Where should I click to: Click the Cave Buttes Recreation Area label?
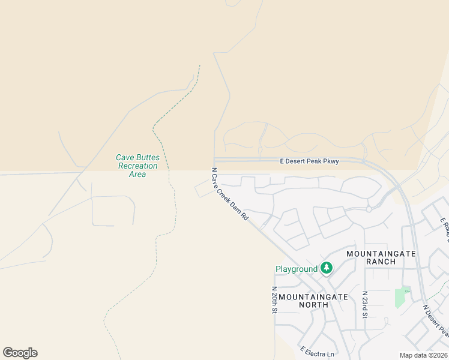138,166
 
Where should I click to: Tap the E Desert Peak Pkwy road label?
309,161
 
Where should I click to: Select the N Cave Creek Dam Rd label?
230,194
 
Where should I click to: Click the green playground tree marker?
327,268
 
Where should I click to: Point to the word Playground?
296,269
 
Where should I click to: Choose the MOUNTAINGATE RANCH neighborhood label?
381,257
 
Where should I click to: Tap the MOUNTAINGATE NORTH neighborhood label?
313,300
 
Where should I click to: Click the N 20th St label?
274,299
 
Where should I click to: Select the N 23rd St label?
364,304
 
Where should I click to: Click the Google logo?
20,352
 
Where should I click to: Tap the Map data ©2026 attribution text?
423,355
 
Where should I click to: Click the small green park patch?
400,298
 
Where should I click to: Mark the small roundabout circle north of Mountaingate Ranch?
369,209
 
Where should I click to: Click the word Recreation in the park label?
138,166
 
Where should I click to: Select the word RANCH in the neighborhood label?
381,262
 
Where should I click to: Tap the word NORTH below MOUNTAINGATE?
313,305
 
